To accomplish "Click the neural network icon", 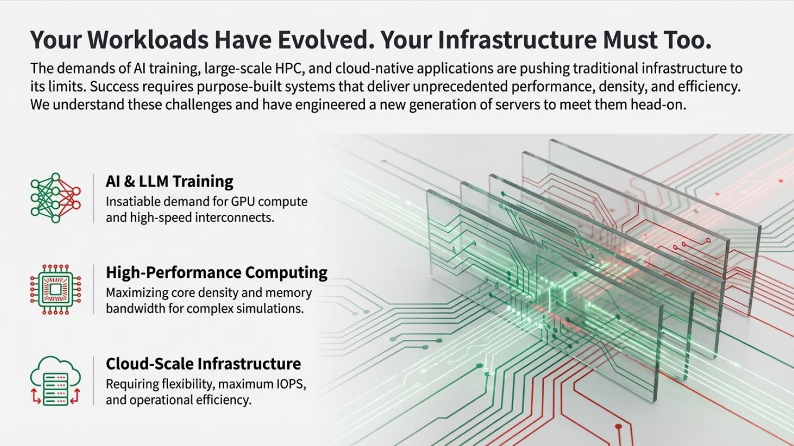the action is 55,198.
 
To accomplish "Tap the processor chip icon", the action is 55,290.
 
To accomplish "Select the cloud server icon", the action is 55,381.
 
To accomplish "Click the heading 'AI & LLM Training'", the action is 169,181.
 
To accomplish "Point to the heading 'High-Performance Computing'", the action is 216,273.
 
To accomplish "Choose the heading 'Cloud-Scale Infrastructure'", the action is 203,364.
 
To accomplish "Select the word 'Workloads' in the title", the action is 148,40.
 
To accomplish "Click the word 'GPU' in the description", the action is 243,202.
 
